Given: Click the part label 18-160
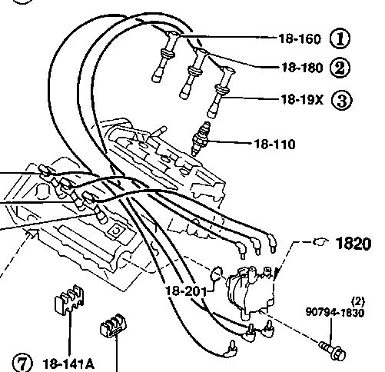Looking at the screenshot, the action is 300,39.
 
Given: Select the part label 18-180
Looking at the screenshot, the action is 302,68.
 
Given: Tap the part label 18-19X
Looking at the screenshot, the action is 302,100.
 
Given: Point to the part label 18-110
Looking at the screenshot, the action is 275,144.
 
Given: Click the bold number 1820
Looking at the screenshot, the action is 353,244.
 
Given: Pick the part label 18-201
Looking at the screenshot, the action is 186,291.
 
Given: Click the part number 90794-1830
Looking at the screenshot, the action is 335,313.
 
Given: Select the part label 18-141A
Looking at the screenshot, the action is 68,364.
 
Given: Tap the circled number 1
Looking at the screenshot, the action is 340,38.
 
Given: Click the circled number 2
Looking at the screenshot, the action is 340,68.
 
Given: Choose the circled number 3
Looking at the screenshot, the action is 342,101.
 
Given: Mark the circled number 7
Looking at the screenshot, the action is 23,363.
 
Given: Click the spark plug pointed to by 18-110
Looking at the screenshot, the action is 201,138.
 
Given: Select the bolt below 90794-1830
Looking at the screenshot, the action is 333,350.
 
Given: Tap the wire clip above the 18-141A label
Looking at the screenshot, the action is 70,300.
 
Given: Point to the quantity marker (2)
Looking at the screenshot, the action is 358,302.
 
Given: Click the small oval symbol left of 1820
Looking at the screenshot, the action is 320,241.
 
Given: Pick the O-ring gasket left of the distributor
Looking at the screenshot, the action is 216,274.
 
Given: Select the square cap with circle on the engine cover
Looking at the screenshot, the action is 118,231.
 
